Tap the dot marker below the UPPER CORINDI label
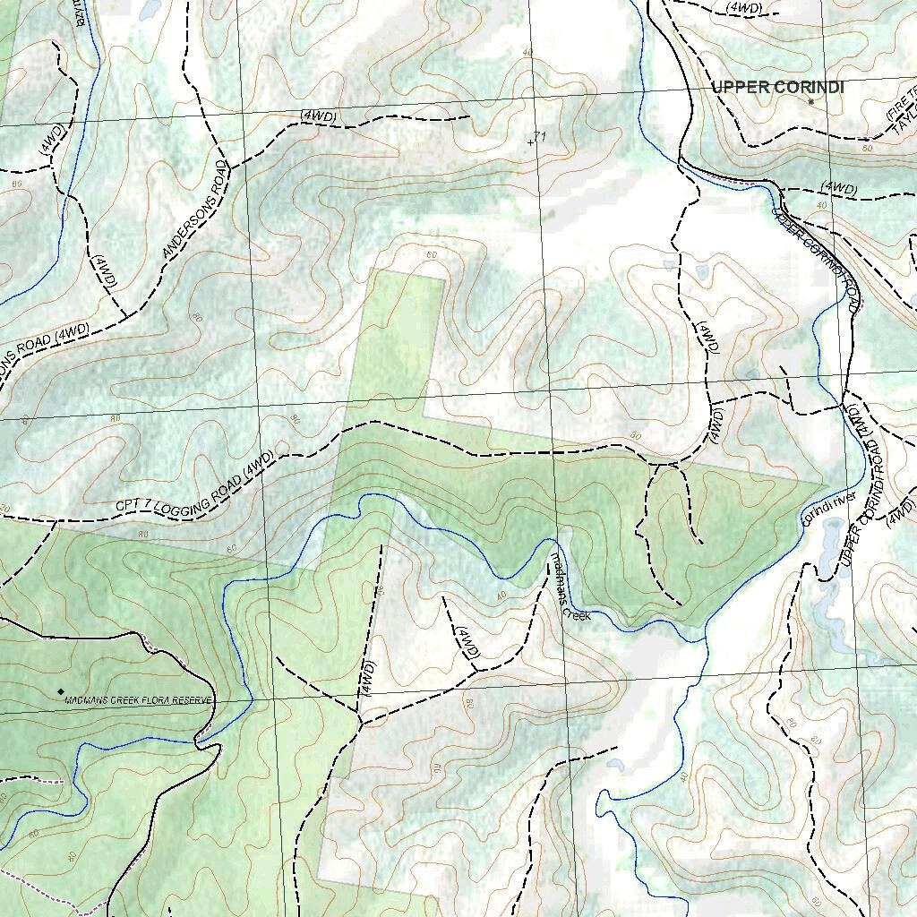pos(811,102)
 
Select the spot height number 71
pos(540,135)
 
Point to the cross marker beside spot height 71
pos(531,141)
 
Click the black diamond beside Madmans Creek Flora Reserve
pos(61,691)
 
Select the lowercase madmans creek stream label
pos(570,587)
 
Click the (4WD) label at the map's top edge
pos(745,7)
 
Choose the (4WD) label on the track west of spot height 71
pos(320,116)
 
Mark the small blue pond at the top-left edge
pos(150,9)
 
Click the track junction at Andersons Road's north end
pos(229,166)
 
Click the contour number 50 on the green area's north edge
pos(635,436)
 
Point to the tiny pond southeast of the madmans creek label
pos(616,765)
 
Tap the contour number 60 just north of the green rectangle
pos(433,255)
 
